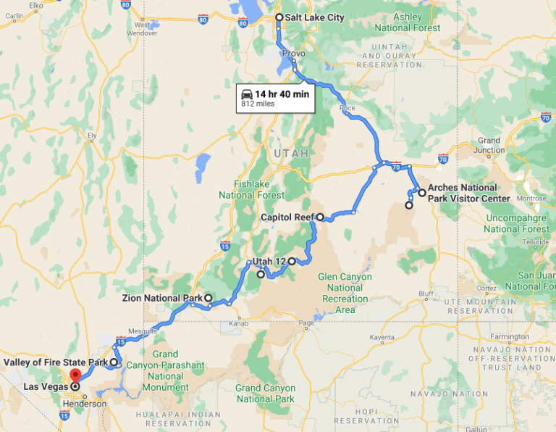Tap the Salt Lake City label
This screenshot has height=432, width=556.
(314, 17)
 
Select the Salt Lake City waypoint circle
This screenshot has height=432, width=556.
(279, 17)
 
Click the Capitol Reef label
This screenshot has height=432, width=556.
(287, 216)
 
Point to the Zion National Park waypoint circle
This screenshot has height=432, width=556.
(208, 298)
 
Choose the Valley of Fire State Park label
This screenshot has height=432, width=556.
(55, 362)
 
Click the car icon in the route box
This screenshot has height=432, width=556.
(247, 94)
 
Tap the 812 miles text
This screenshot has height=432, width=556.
(258, 104)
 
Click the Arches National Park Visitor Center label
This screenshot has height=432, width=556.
(468, 193)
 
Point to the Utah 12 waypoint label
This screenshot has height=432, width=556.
(269, 261)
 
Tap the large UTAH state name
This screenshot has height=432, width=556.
(291, 154)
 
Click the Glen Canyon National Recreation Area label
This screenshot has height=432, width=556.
(345, 293)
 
